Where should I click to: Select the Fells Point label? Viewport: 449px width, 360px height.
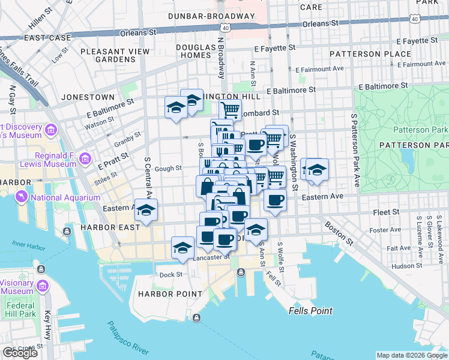click(x=310, y=311)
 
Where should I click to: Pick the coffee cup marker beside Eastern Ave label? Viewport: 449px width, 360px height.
click(x=276, y=200)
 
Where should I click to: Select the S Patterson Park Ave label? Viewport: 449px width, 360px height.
click(x=355, y=150)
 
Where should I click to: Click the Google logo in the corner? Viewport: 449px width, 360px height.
click(x=20, y=353)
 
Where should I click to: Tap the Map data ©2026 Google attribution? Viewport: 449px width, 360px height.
click(x=411, y=355)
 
